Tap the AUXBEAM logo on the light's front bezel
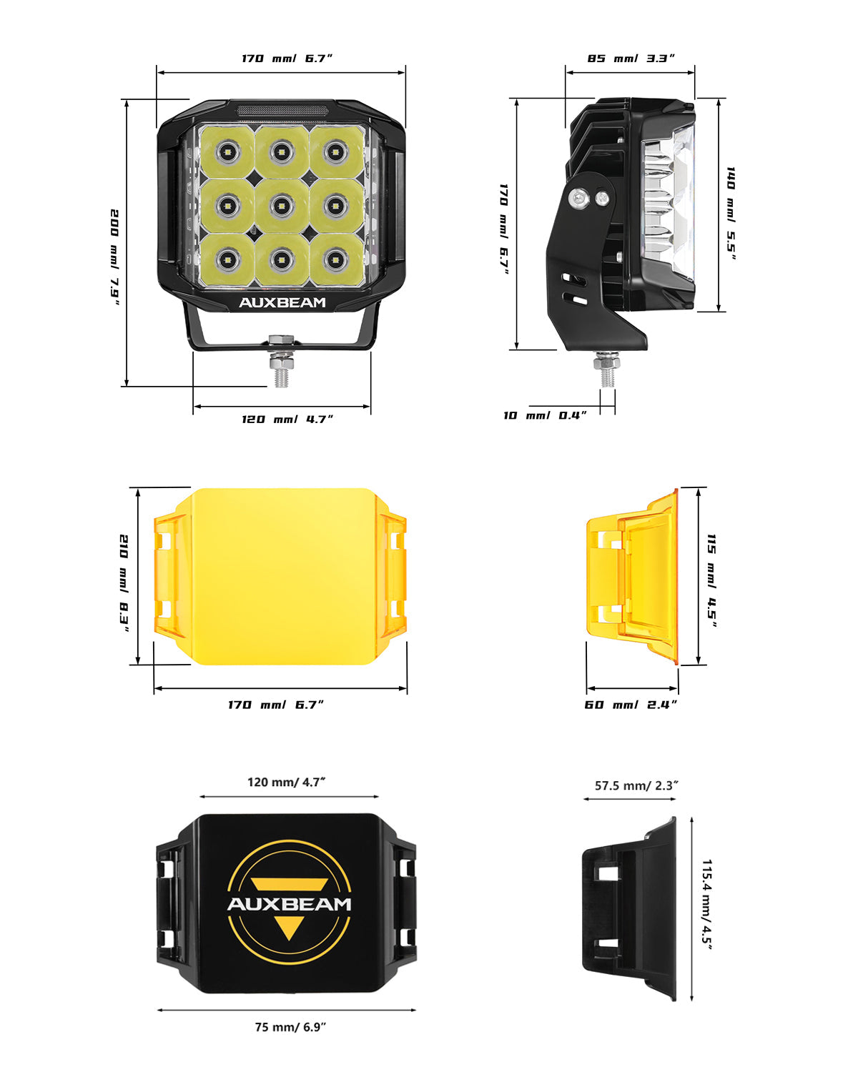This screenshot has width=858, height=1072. click(282, 302)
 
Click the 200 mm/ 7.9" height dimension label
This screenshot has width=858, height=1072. click(114, 257)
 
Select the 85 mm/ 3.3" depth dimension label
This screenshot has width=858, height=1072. click(631, 58)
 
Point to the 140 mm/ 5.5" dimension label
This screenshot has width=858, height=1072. click(731, 214)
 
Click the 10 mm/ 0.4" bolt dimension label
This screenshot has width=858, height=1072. click(545, 415)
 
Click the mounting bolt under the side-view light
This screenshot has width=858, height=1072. click(607, 369)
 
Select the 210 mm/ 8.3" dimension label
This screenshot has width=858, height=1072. click(124, 582)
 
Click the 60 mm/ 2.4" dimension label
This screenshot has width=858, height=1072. click(631, 705)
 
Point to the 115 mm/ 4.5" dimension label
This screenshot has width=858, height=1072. click(711, 580)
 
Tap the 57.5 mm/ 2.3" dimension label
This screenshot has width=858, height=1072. click(636, 785)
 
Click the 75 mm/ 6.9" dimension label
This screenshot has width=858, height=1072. click(290, 1027)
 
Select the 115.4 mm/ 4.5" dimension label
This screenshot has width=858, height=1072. click(707, 903)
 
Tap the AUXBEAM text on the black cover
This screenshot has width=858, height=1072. click(289, 904)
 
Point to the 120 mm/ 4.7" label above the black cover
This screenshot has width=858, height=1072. click(286, 782)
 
